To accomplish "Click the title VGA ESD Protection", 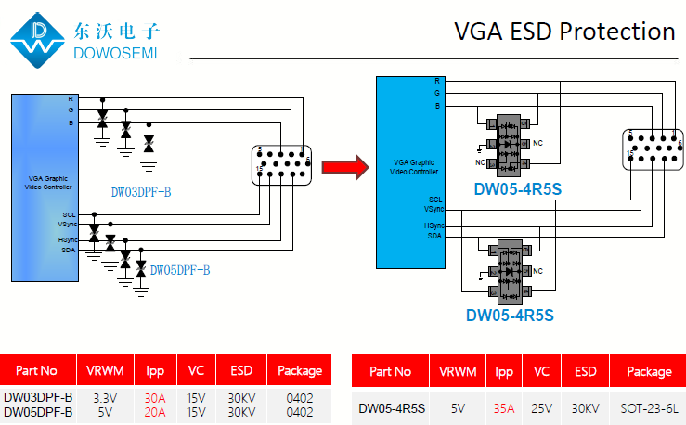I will [564, 32].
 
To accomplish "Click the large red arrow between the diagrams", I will [342, 167].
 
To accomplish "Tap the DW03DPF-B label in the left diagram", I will [141, 193].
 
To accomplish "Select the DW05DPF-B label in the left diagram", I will [180, 270].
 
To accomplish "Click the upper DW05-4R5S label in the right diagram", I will [518, 190].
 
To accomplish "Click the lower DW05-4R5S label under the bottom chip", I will [510, 315].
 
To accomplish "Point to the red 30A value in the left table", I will [155, 398].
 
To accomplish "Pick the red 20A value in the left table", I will [155, 412].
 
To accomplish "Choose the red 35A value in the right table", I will [504, 407].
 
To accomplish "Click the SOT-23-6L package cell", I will [651, 407].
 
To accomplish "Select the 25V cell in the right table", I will [541, 407].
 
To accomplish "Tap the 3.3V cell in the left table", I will [105, 398].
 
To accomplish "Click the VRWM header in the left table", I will [105, 370].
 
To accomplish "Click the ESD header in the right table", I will [585, 371].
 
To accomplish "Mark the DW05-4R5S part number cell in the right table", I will [392, 407].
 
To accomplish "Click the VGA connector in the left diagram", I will [282, 164].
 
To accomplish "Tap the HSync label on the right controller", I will [434, 225].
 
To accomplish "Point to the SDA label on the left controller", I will [68, 250].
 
